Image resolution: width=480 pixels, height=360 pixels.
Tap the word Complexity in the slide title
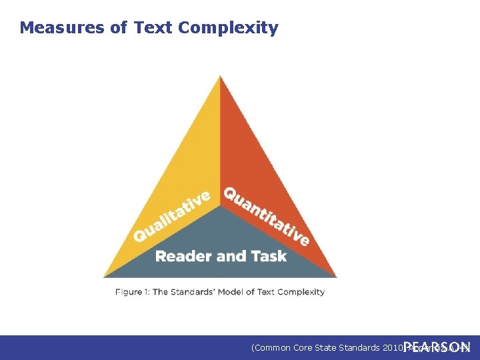pyautogui.click(x=229, y=28)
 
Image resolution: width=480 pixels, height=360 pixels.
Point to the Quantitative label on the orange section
pyautogui.click(x=266, y=215)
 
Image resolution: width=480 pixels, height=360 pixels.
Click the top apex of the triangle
pyautogui.click(x=220, y=77)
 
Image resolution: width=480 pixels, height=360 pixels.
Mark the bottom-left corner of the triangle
pyautogui.click(x=104, y=276)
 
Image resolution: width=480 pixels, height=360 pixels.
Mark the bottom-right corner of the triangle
pyautogui.click(x=336, y=276)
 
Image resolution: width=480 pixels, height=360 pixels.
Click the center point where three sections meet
pyautogui.click(x=220, y=206)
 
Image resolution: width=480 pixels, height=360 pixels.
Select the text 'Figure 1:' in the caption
pyautogui.click(x=132, y=292)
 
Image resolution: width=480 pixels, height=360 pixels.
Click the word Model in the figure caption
pyautogui.click(x=232, y=292)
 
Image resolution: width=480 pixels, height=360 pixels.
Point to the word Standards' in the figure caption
pyautogui.click(x=193, y=292)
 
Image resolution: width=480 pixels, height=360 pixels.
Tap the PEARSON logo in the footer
pyautogui.click(x=437, y=347)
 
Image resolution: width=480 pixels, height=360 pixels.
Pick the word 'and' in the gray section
pyautogui.click(x=229, y=256)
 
